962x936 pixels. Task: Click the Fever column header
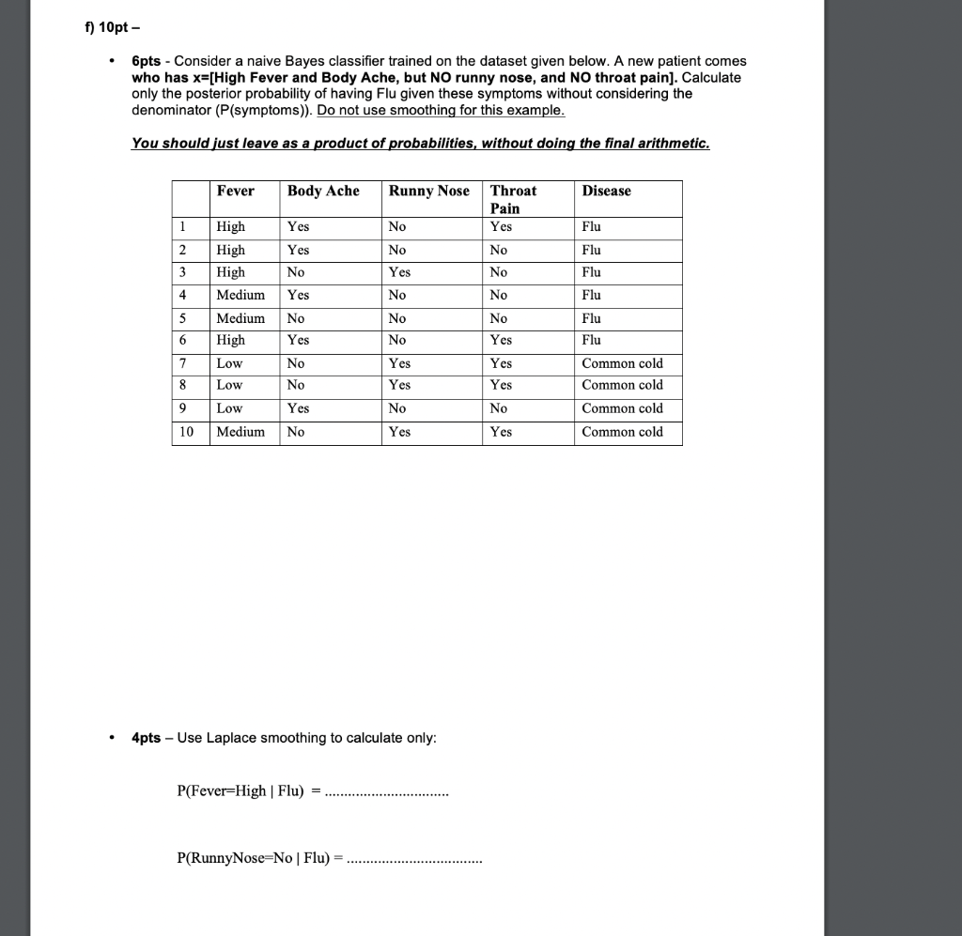tap(235, 192)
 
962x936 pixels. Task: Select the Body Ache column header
tap(323, 192)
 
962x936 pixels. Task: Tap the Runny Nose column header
tap(428, 192)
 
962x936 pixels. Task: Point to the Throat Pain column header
tap(513, 199)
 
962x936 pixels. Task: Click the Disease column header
tap(606, 192)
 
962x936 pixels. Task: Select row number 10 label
tap(186, 432)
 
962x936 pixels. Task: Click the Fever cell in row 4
tap(240, 295)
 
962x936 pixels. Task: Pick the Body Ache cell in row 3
tap(296, 272)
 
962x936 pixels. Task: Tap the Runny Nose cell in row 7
tap(399, 363)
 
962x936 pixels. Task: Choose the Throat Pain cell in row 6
tap(501, 340)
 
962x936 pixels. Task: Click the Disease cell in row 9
tap(622, 408)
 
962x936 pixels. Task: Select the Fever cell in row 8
tap(229, 385)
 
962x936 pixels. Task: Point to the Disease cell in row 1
tap(591, 227)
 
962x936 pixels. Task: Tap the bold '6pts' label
tap(147, 61)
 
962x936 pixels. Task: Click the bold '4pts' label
tap(147, 738)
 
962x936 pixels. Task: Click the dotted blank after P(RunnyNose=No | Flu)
tap(413, 858)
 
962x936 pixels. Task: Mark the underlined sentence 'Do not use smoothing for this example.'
tap(442, 111)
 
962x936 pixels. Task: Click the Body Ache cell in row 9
tap(298, 408)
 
